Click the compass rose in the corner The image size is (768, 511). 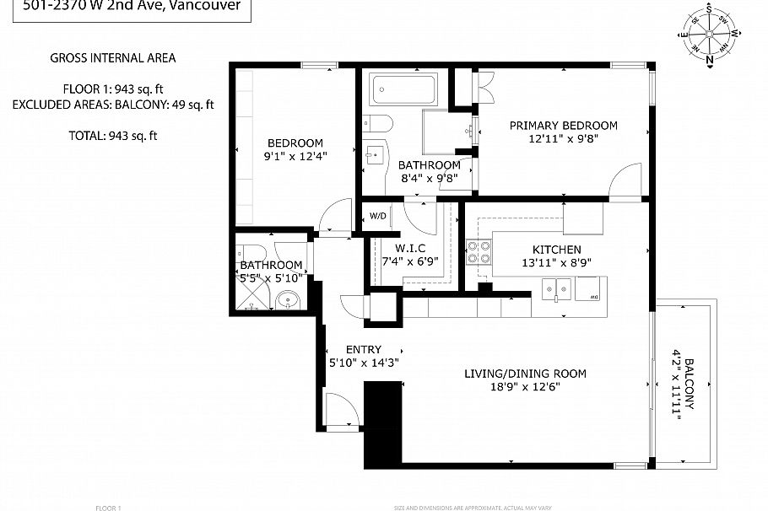(710, 35)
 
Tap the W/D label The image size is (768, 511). (378, 217)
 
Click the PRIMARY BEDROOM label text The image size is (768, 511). (563, 126)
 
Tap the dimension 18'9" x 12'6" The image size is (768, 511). (524, 387)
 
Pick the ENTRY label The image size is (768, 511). (364, 349)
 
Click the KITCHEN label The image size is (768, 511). (556, 250)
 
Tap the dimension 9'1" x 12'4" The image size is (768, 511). (295, 155)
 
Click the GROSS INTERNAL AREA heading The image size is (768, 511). (113, 58)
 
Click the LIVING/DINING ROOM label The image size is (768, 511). (525, 374)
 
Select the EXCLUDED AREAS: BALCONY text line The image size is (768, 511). (113, 105)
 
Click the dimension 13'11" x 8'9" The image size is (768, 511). (556, 262)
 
